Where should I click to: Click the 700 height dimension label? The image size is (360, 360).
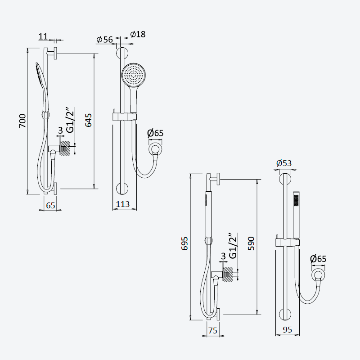coord(23,121)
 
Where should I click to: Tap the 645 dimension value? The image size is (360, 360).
coord(88,120)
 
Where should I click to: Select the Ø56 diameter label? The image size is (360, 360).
coord(105,40)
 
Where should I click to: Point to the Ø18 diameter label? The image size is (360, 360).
coord(138,34)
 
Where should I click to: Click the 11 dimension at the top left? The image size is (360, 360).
coord(43,36)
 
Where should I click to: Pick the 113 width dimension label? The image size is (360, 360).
coord(122,204)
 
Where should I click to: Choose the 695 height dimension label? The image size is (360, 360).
coord(184,243)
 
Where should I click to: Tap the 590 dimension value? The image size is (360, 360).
coord(252,243)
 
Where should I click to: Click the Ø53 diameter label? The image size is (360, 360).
coord(284,163)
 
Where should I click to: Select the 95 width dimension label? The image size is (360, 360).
coord(287,330)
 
